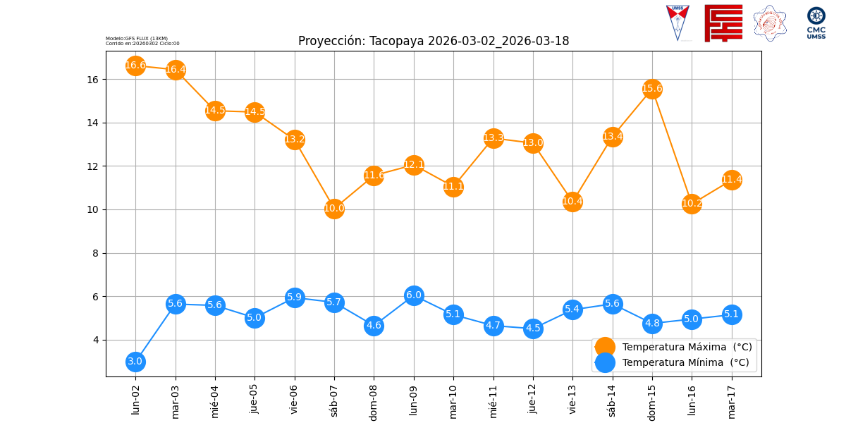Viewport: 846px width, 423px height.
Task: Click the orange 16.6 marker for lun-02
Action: (x=135, y=66)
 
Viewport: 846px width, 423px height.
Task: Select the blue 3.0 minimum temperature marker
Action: (x=135, y=362)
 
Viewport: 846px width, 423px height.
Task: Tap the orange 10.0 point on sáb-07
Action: (x=334, y=209)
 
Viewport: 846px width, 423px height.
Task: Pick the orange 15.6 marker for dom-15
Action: (x=652, y=89)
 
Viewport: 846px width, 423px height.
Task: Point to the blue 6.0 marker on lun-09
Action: (x=414, y=295)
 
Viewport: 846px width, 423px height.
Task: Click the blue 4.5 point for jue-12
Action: (x=533, y=329)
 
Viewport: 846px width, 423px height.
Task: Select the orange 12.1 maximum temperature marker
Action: (x=414, y=165)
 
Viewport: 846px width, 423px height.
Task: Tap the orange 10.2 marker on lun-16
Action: (x=692, y=204)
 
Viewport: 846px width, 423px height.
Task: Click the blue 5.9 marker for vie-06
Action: (x=295, y=298)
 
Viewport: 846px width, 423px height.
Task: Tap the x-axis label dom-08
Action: (x=374, y=401)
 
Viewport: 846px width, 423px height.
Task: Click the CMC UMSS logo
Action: (x=816, y=23)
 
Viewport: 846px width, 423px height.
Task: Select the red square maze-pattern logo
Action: (x=723, y=23)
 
